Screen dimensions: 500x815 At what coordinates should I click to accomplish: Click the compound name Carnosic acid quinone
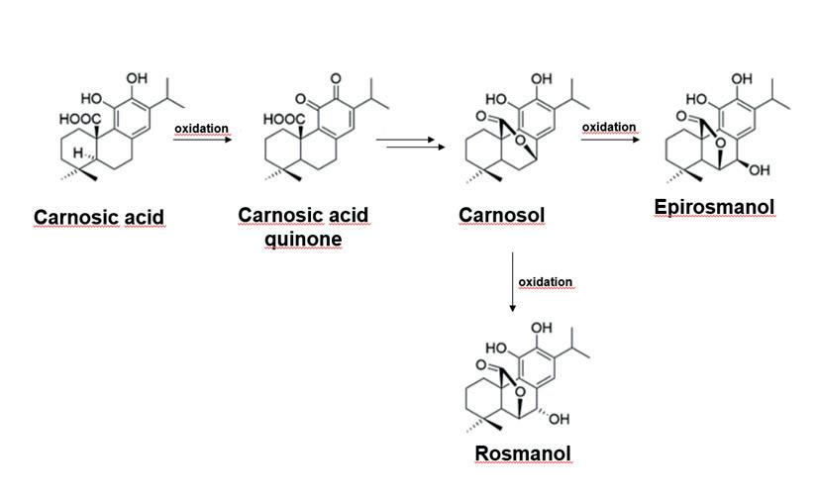tap(302, 227)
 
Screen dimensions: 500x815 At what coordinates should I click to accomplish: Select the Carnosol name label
tap(501, 215)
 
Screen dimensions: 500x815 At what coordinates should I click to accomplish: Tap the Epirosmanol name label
tap(714, 207)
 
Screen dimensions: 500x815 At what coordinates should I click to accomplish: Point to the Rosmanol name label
tap(523, 453)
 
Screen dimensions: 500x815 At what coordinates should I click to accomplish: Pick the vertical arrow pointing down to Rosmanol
tap(512, 282)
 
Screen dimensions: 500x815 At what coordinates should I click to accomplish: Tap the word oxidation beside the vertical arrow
tap(546, 282)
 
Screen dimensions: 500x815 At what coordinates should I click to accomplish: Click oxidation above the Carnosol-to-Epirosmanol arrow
tap(609, 127)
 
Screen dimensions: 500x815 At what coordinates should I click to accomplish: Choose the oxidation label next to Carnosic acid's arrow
tap(201, 129)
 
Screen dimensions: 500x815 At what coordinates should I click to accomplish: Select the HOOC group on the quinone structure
tap(284, 119)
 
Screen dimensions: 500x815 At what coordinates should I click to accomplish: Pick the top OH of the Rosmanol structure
tap(542, 328)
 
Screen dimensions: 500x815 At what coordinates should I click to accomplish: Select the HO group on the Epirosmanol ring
tap(696, 99)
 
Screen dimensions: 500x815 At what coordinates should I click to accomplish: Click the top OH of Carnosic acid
tap(137, 78)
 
